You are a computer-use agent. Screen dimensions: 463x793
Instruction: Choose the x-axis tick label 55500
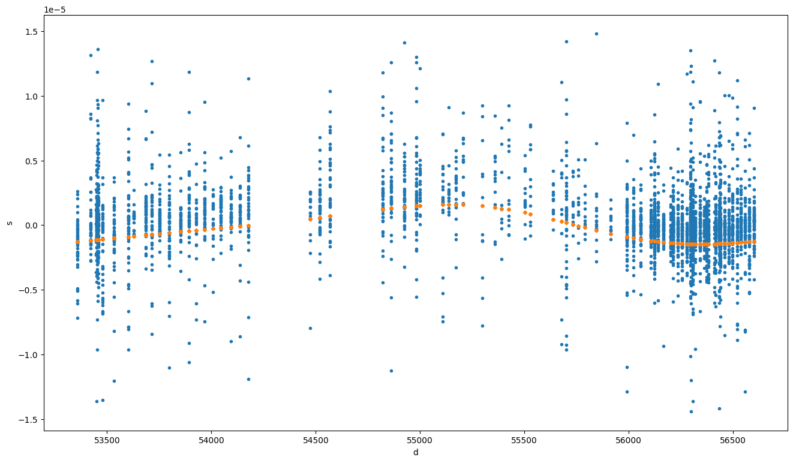[524, 440]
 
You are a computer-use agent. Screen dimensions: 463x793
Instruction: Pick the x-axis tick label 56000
[628, 440]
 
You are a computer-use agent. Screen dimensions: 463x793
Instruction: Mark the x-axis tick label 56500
[732, 440]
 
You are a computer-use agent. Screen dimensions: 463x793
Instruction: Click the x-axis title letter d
[416, 453]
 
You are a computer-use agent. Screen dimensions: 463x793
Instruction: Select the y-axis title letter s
[10, 223]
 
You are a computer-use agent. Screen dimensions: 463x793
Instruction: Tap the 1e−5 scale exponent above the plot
[55, 10]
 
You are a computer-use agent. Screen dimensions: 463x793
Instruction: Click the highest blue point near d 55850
[596, 34]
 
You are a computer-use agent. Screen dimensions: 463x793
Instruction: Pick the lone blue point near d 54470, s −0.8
[310, 328]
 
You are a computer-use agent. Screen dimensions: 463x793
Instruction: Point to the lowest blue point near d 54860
[391, 371]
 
